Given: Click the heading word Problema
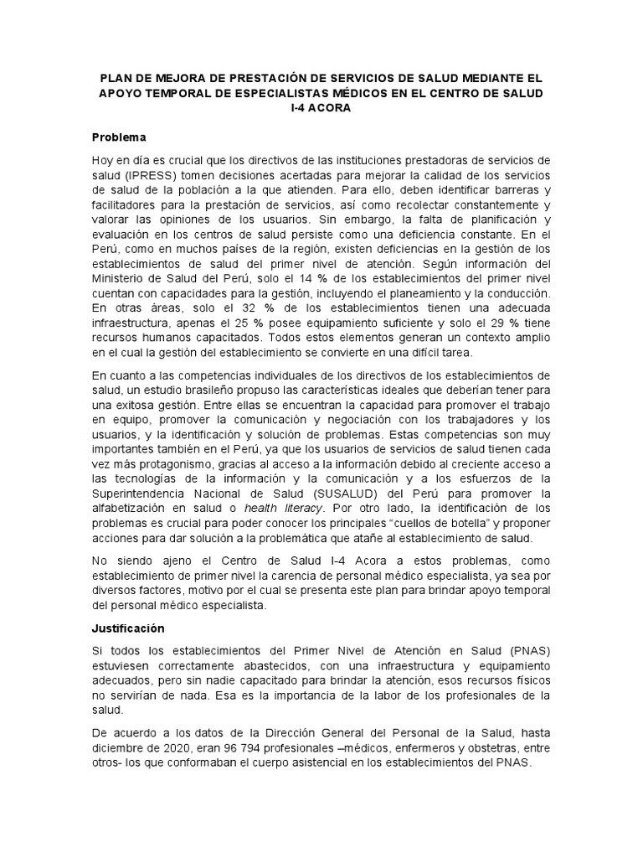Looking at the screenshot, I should pos(119,136).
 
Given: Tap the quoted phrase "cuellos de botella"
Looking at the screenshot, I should pos(445,523).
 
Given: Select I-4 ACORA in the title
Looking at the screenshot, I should pos(321,108).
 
